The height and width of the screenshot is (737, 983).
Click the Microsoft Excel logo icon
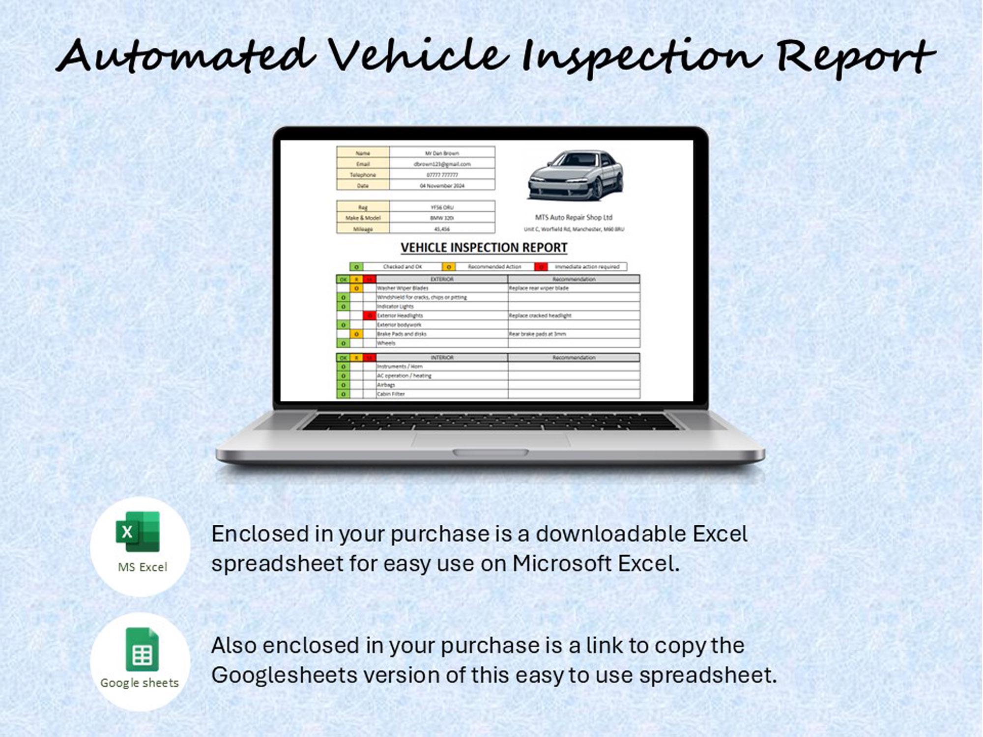pos(138,532)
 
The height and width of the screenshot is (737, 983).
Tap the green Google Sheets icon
pos(142,650)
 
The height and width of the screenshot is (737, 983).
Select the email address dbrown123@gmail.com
pos(442,164)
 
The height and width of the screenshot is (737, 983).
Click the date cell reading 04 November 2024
pos(442,186)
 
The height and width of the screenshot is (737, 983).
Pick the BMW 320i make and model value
pos(442,218)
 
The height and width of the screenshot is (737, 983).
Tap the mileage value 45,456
pos(442,229)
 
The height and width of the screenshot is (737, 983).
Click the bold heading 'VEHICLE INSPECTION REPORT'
pos(484,248)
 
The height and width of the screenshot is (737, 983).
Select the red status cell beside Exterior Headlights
pos(370,315)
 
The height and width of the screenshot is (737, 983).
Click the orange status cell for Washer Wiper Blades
pos(356,288)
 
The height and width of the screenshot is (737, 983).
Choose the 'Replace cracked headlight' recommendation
pos(540,315)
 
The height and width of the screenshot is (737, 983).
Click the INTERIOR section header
pos(441,358)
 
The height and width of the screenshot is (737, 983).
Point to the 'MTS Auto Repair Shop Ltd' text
pos(574,217)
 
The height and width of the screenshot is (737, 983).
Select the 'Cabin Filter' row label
pos(391,394)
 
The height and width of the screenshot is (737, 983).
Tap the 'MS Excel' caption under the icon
pos(143,567)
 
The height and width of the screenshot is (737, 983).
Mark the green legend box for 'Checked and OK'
pos(356,267)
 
